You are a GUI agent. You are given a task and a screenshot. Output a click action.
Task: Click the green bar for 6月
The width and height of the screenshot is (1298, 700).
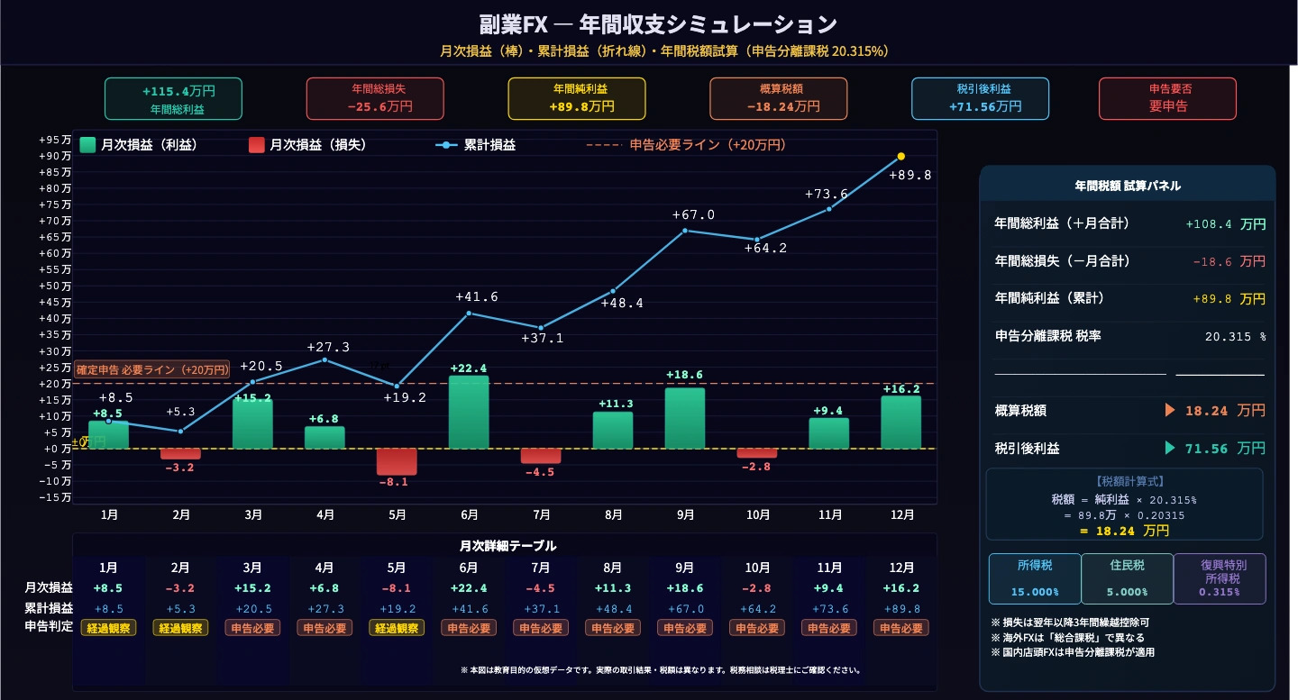469,413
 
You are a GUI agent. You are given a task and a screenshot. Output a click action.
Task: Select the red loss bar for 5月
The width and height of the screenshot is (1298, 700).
397,461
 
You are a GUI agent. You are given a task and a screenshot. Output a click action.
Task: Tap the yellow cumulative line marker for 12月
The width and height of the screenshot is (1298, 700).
901,157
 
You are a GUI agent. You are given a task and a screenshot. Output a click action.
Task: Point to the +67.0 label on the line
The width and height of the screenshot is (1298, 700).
693,214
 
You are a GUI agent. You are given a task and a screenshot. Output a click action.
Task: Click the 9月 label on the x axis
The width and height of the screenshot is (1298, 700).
685,515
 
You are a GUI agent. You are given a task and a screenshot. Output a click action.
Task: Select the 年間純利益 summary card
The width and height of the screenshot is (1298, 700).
577,98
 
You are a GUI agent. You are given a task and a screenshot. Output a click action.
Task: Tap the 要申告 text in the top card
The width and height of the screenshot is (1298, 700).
1168,106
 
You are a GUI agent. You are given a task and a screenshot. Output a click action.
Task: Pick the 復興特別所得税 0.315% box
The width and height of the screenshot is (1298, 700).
1220,578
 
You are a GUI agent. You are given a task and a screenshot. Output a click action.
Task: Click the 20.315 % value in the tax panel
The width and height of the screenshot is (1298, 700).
1235,336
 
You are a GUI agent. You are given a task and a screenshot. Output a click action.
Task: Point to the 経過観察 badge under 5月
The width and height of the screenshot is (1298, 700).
397,628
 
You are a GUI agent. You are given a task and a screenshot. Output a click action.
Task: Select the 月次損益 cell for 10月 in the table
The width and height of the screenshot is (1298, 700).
757,588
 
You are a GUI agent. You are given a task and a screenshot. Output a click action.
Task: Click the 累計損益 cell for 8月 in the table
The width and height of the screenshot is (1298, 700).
613,608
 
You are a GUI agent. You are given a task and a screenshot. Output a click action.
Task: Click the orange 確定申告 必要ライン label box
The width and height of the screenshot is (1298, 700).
152,369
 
